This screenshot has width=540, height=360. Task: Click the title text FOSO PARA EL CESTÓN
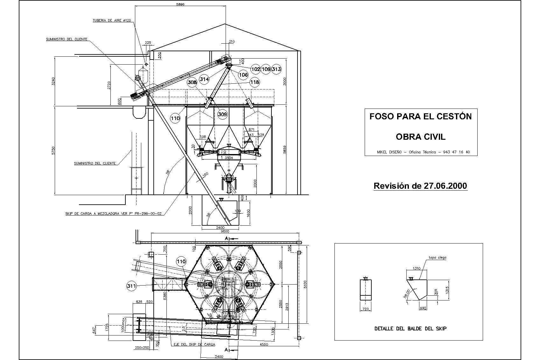click(x=420, y=116)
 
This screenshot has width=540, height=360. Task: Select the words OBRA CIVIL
click(x=420, y=137)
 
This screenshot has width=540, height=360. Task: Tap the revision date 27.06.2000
click(x=445, y=186)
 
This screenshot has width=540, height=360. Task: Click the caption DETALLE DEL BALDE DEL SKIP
click(x=410, y=328)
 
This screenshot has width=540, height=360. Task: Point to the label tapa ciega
click(x=438, y=258)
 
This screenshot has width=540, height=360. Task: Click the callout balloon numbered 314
click(x=204, y=79)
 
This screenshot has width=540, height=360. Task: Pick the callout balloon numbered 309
click(x=222, y=114)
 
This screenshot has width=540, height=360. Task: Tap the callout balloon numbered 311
click(x=131, y=286)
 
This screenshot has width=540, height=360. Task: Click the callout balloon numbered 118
click(x=255, y=82)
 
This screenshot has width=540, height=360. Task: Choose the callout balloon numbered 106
click(x=243, y=75)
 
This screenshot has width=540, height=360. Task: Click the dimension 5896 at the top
click(x=180, y=4)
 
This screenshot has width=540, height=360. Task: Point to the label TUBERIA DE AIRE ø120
click(x=112, y=20)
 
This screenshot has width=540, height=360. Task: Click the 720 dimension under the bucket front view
click(x=365, y=309)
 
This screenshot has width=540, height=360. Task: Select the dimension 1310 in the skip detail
click(x=417, y=268)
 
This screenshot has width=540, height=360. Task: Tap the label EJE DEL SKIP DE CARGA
click(x=193, y=344)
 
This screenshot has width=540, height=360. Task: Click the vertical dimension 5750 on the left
click(x=53, y=151)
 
